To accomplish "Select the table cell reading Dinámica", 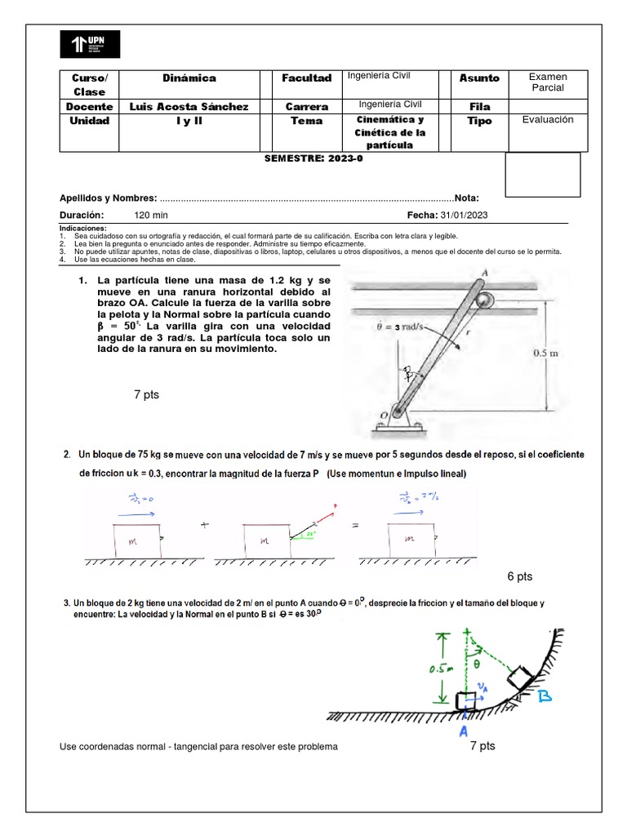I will point(189,78).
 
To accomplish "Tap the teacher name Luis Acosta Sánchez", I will point(189,106).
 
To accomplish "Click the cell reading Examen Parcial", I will point(548,82).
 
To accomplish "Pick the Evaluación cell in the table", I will point(548,120).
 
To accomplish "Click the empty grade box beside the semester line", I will point(542,175).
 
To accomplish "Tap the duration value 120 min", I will point(151,215).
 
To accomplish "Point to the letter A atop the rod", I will point(485,273).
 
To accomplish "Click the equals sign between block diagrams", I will point(356,526).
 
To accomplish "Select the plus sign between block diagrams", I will point(196,526).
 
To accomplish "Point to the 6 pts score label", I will point(519,576).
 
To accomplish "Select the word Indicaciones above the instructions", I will point(83,228).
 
